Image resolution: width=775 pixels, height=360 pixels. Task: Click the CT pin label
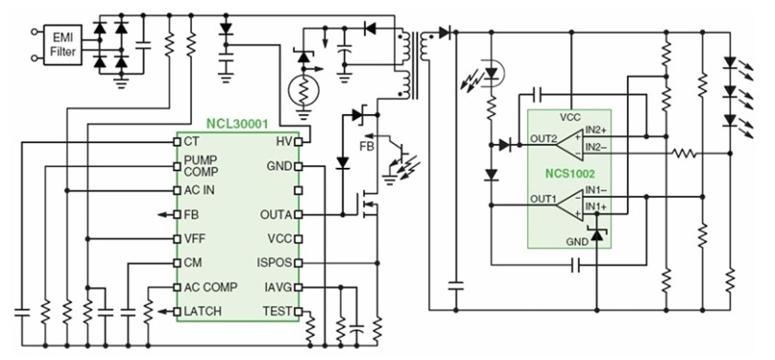pos(192,141)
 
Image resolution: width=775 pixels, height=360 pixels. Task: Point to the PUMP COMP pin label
pos(202,165)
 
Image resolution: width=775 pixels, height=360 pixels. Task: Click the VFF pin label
pos(195,238)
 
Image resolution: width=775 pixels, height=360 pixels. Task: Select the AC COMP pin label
pos(211,287)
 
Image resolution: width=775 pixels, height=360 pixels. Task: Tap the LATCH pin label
pos(204,311)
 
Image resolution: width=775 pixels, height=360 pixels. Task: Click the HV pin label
pos(284,141)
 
